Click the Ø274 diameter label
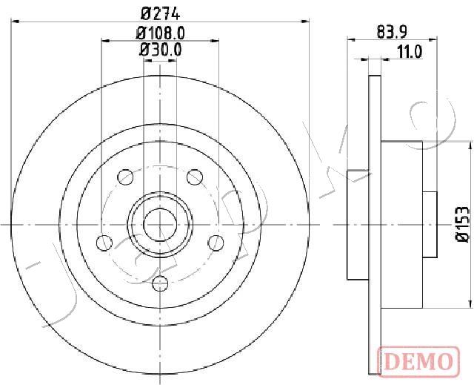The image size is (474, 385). click(x=161, y=13)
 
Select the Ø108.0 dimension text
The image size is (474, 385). click(x=160, y=33)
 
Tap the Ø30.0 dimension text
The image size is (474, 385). click(x=161, y=50)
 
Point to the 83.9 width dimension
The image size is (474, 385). click(x=393, y=32)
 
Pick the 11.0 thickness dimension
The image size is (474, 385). click(x=410, y=52)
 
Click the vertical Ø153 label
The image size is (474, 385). click(x=462, y=224)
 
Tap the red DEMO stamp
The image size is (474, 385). click(x=418, y=362)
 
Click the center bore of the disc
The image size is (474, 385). click(x=160, y=225)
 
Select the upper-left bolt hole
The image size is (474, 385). click(x=125, y=177)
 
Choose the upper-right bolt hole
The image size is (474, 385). click(x=195, y=177)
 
